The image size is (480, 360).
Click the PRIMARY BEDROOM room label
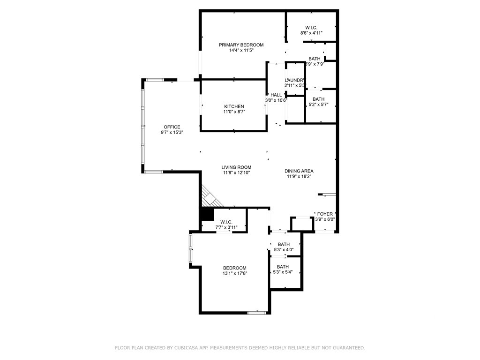[x=241, y=45]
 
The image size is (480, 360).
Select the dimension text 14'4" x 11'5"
[x=241, y=51]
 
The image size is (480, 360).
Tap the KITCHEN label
[x=234, y=106]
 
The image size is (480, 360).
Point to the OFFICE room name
[x=172, y=127]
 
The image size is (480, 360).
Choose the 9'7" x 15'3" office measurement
[x=172, y=133]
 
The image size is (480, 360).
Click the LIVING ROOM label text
[x=236, y=167]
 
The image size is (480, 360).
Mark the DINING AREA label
[x=299, y=171]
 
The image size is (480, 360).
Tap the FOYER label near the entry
[x=325, y=214]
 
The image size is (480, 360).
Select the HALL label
[x=276, y=95]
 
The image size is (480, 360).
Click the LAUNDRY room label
[x=295, y=80]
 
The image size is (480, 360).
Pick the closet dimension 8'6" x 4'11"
[x=311, y=33]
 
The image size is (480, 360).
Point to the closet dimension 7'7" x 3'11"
[x=226, y=227]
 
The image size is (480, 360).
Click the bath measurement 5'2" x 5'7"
[x=318, y=105]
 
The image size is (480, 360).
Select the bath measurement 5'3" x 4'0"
[x=284, y=250]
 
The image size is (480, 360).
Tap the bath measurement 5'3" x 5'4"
[x=283, y=273]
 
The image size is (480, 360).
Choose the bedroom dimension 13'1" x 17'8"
[x=234, y=274]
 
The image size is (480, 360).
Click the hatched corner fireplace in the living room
[x=209, y=195]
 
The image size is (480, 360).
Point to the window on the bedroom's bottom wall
[x=257, y=312]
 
